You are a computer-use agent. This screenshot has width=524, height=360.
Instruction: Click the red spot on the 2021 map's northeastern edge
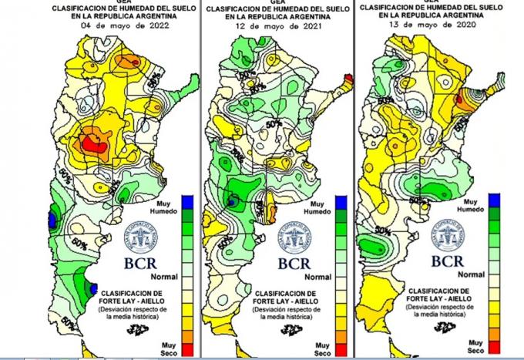coord(348,79)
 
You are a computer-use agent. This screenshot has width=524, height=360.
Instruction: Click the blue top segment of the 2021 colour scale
coord(341,203)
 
